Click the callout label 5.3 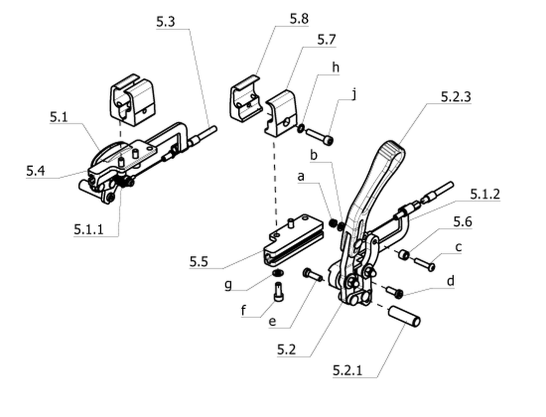point(165,22)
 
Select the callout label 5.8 point(299,18)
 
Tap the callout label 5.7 point(326,40)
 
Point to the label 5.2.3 point(456,96)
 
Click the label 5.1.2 point(485,194)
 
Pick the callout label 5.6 point(463,221)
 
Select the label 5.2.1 point(347,370)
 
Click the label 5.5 point(199,261)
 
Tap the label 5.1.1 point(88,229)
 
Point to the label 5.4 point(36,171)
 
